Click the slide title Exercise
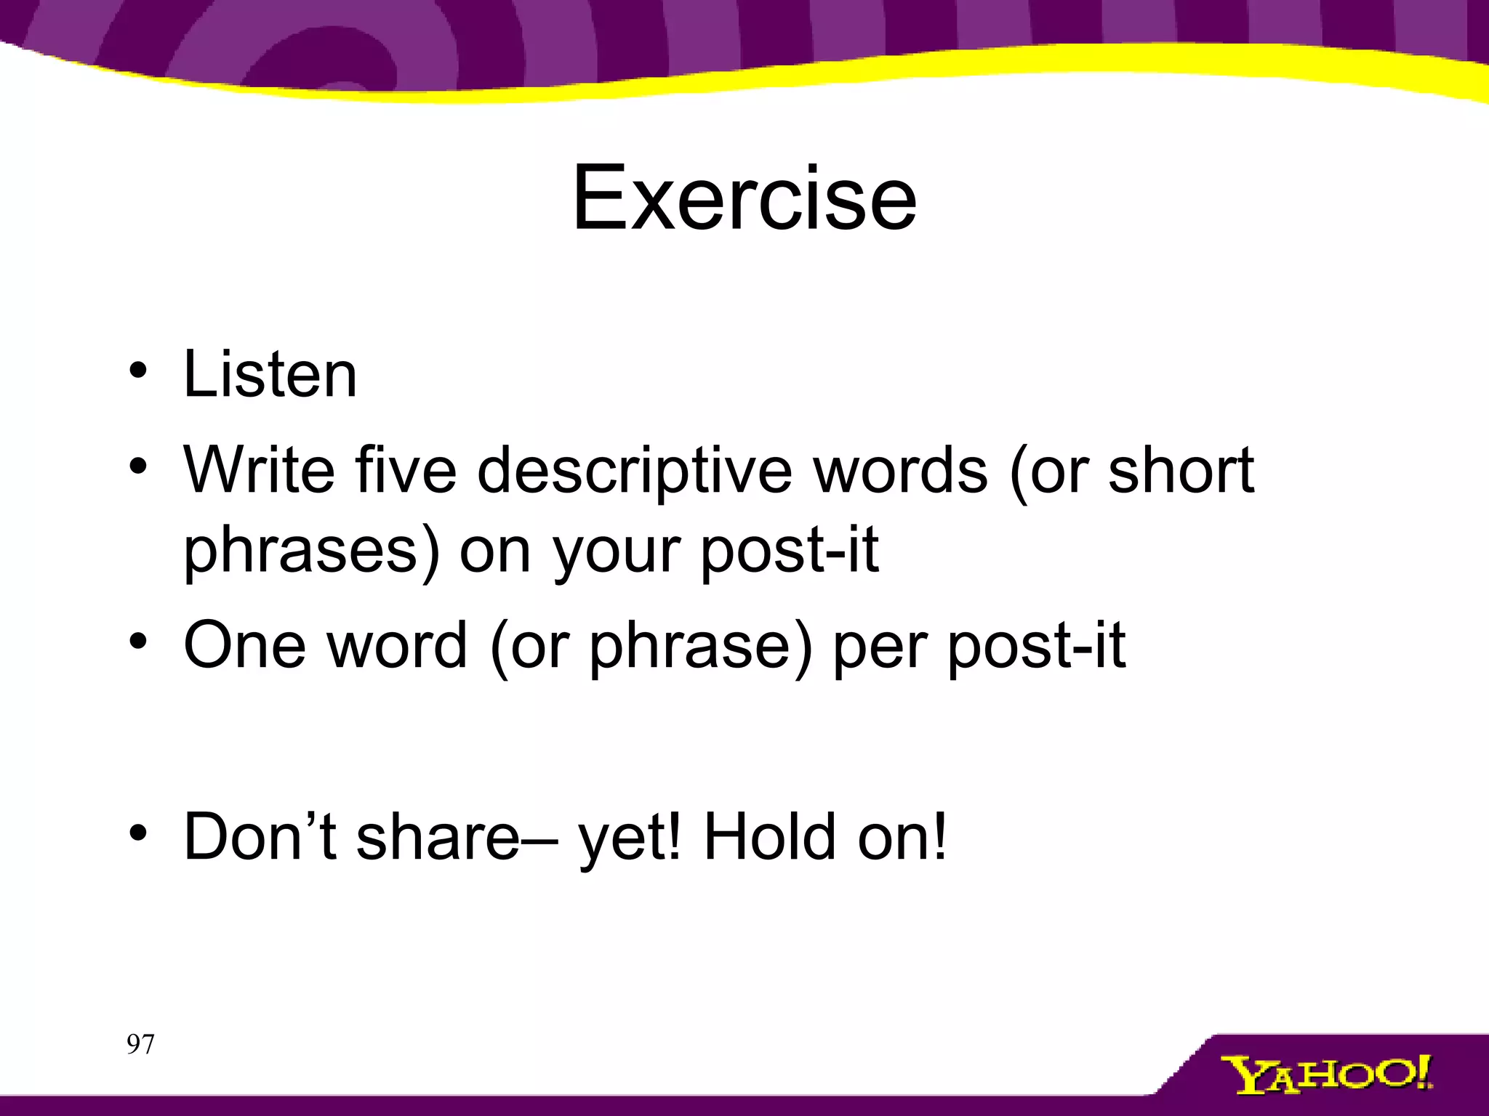(x=744, y=198)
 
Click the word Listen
(x=270, y=375)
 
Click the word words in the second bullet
(x=900, y=470)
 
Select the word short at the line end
(x=1181, y=470)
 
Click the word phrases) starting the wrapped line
(x=311, y=551)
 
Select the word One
(x=244, y=645)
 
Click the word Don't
(x=260, y=836)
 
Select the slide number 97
(x=140, y=1044)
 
